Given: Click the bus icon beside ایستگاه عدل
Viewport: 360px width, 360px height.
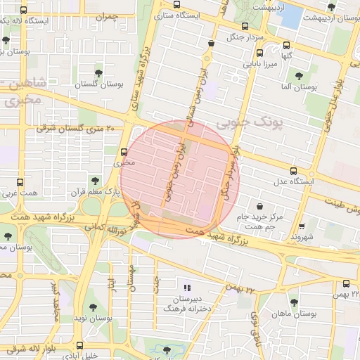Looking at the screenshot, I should click(x=293, y=171).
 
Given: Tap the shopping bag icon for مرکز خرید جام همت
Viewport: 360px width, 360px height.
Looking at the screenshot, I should click(x=262, y=206).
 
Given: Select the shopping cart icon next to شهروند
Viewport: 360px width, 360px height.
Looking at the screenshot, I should click(x=301, y=226).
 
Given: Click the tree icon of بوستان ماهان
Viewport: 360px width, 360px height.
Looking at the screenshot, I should click(x=294, y=302).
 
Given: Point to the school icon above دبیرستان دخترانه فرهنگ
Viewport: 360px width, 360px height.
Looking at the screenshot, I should click(x=186, y=288).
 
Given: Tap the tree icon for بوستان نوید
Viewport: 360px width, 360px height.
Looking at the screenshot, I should click(x=93, y=307).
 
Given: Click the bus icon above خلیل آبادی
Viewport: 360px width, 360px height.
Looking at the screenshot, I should click(x=79, y=345).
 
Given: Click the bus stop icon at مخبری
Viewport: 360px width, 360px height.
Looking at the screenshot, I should click(x=124, y=152).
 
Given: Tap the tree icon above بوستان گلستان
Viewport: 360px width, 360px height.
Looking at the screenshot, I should click(x=98, y=72).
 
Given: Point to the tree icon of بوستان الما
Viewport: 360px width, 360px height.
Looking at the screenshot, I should click(x=299, y=76).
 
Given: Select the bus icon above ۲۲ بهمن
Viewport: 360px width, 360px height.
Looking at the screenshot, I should click(x=346, y=283).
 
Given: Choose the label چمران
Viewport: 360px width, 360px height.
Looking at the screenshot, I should click(x=106, y=15).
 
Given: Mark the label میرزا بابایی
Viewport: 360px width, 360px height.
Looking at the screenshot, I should click(x=261, y=64).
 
